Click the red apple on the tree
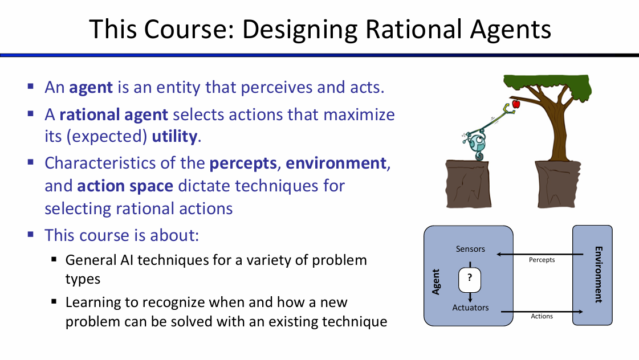[x=516, y=104]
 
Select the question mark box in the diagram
[x=470, y=280]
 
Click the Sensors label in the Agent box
[x=470, y=249]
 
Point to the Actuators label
[x=470, y=308]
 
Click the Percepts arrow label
[x=542, y=260]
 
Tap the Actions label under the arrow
[x=542, y=316]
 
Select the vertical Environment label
[x=599, y=275]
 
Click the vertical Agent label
[x=436, y=282]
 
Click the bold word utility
[x=174, y=137]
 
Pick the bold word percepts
[x=243, y=163]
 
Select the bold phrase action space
[x=125, y=186]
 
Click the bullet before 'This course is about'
[x=31, y=234]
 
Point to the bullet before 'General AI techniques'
[x=54, y=259]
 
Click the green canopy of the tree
[x=547, y=85]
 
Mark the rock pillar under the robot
[x=467, y=183]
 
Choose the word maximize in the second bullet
[x=359, y=115]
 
